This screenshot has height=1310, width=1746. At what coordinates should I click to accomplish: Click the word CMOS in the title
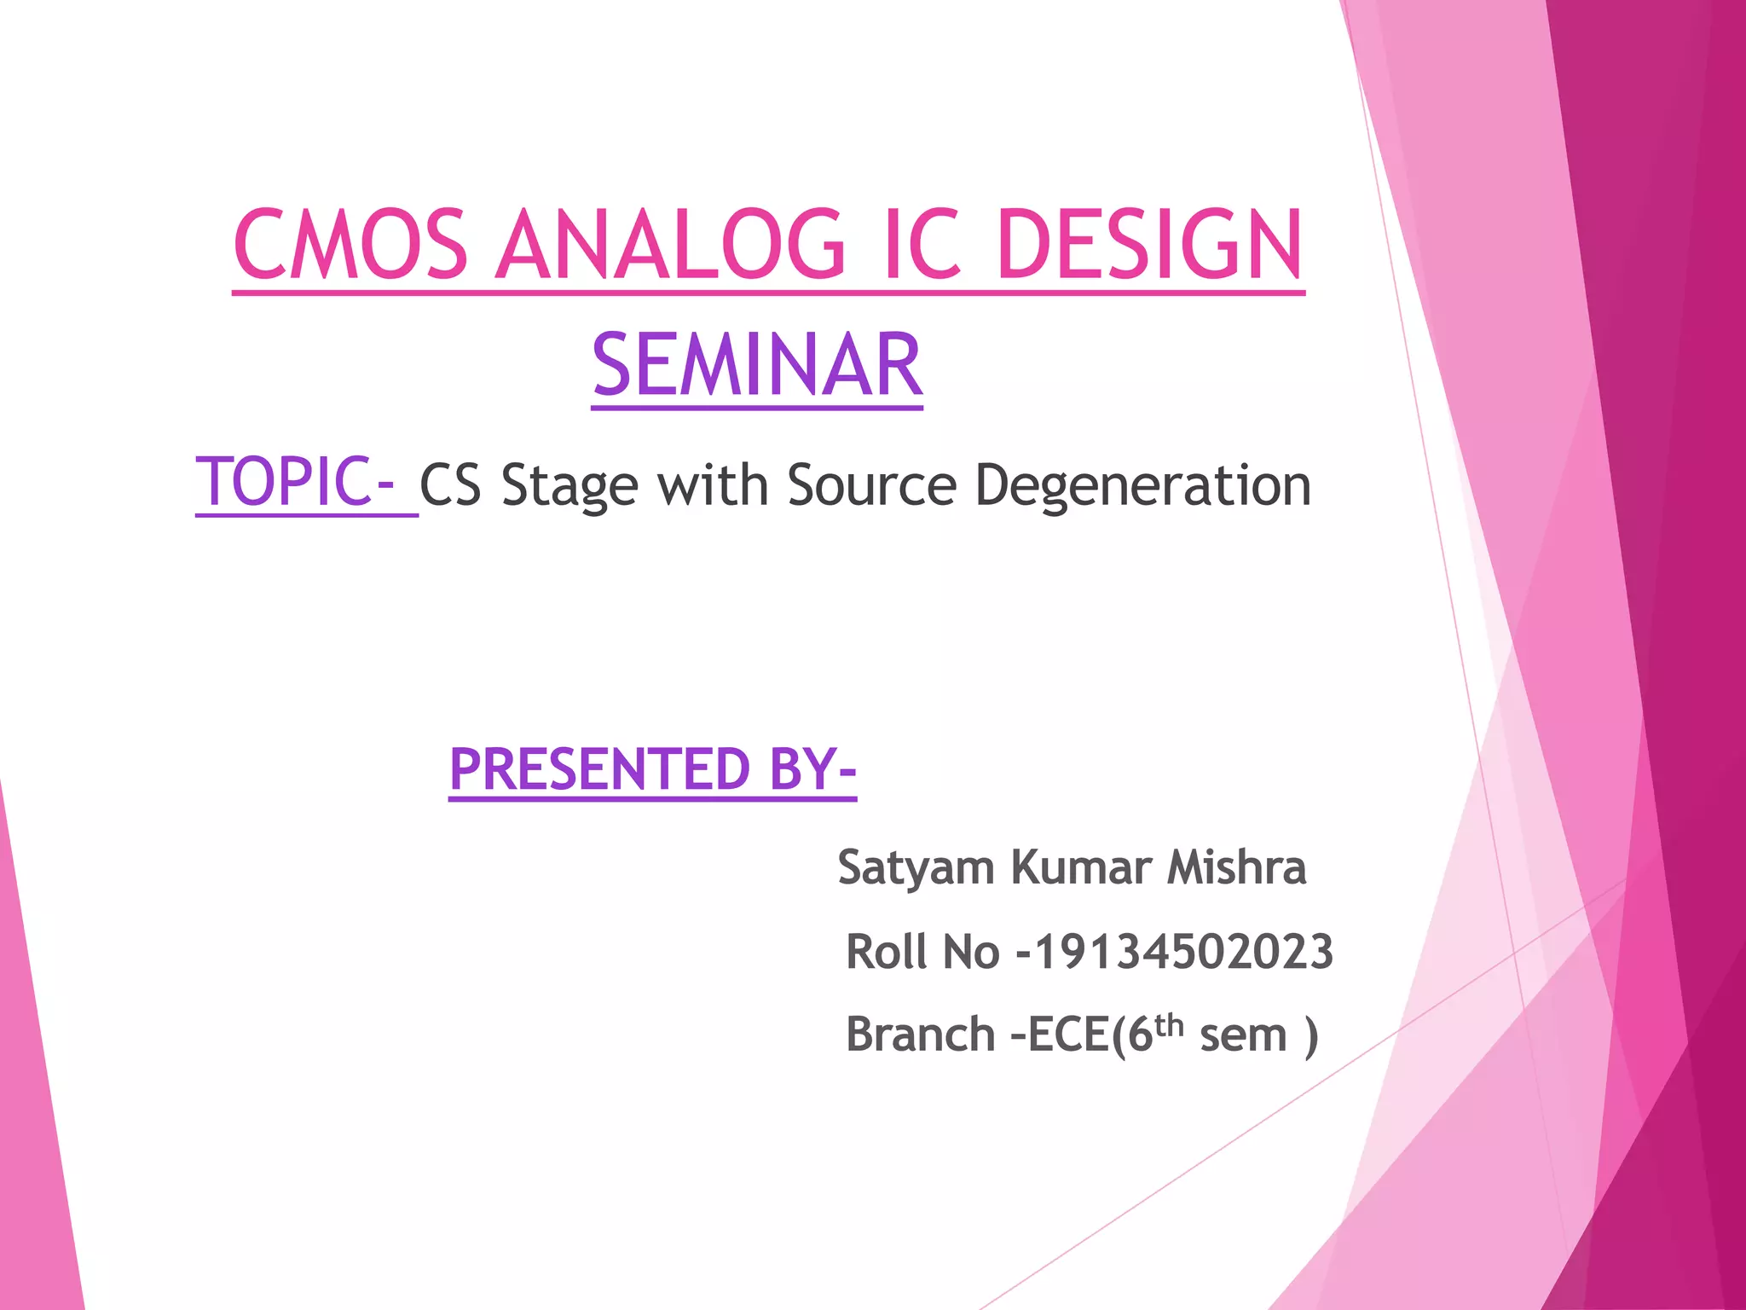point(350,246)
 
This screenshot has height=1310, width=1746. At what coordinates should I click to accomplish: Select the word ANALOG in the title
point(670,246)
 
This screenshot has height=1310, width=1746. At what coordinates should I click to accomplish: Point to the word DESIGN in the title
point(1148,246)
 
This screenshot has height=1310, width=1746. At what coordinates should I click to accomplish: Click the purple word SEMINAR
point(757,366)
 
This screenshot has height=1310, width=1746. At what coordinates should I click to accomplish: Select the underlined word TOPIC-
point(295,482)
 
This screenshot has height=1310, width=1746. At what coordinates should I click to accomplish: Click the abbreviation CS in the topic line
point(450,485)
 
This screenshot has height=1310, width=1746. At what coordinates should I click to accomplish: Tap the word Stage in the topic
point(569,487)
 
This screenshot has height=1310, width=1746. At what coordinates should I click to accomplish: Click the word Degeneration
point(1142,487)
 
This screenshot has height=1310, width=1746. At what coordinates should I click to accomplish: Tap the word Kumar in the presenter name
point(1081,867)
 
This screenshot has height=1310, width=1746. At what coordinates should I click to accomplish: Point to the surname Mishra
point(1236,867)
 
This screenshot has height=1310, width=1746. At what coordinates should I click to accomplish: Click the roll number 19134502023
point(1183,952)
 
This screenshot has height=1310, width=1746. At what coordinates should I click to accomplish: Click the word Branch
point(920,1035)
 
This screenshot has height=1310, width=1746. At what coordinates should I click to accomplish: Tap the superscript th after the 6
point(1170,1024)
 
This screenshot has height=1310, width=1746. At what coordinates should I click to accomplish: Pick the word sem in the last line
point(1242,1037)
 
